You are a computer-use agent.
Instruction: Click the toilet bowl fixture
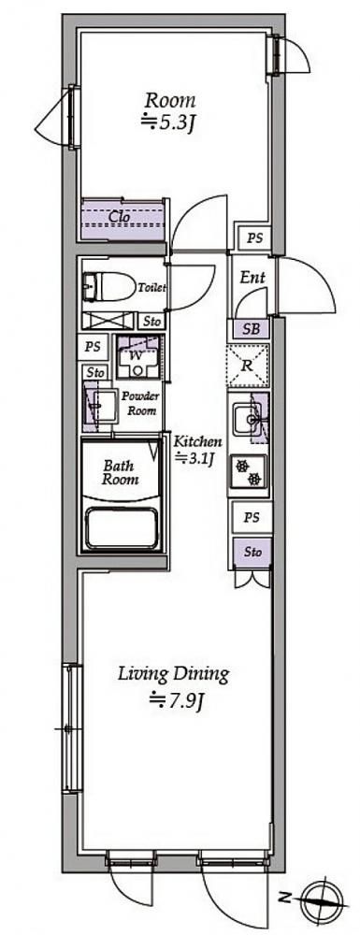pos(109,286)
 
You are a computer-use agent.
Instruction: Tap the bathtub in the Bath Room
pos(123,527)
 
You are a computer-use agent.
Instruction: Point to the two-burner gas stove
pos(249,471)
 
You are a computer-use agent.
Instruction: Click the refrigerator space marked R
pos(248,366)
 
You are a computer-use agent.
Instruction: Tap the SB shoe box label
pos(253,328)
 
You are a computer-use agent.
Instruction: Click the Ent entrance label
pos(252,277)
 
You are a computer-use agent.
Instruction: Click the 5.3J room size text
pos(169,123)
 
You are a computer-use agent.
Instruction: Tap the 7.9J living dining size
pos(178,698)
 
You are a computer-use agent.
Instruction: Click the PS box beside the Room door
pos(255,238)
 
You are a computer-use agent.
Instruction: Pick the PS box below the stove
pos(252,518)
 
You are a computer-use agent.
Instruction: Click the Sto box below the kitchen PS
pos(252,553)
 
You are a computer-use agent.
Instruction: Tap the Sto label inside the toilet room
pos(152,322)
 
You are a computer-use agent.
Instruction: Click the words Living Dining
pos(173,674)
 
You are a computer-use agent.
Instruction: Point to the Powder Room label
pos(139,404)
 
